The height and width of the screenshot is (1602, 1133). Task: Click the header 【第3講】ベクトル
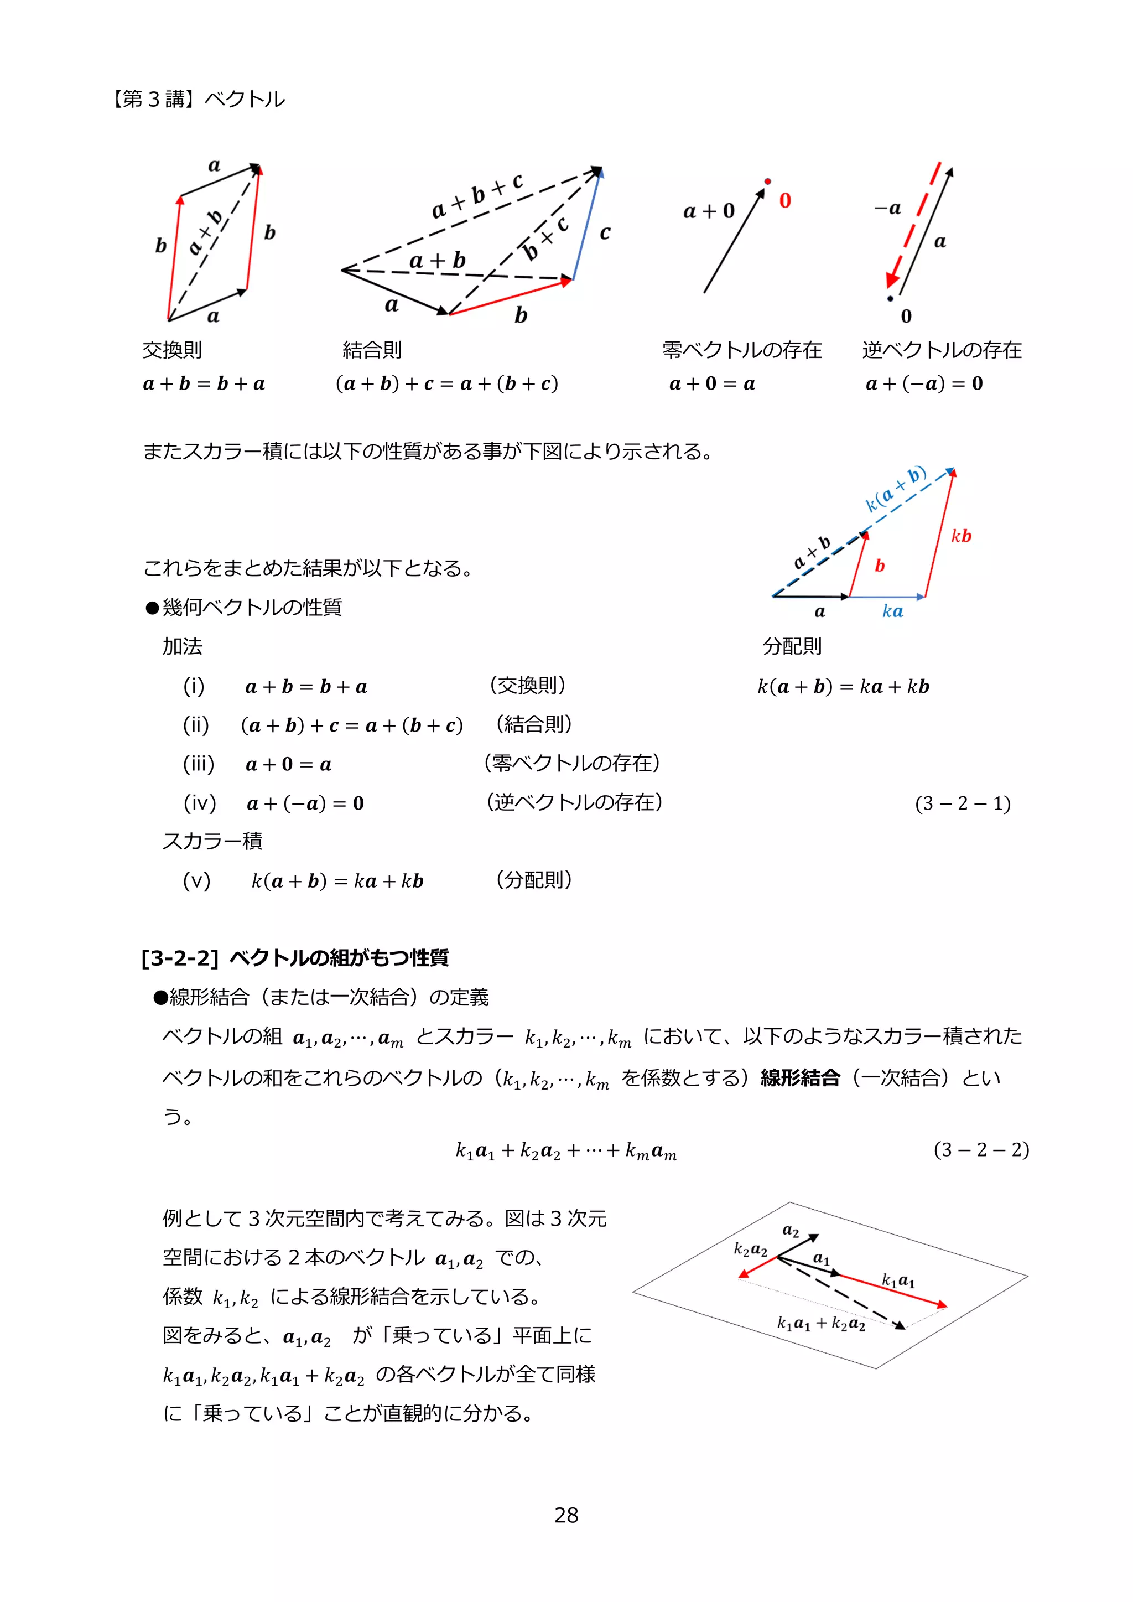point(197,99)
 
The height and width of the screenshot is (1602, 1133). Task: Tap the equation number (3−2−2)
point(981,1149)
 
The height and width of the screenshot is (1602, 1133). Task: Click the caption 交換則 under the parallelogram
point(171,350)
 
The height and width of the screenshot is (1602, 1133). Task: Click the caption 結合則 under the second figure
point(372,350)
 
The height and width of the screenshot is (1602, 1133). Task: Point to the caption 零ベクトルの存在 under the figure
point(742,350)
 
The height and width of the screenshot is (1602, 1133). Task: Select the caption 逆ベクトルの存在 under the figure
point(942,350)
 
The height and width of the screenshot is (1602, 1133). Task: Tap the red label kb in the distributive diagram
point(961,536)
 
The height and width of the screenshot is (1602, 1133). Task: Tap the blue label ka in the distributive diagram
point(892,611)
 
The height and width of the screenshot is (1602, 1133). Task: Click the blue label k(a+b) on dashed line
point(895,489)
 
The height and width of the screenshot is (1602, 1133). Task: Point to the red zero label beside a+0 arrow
point(785,201)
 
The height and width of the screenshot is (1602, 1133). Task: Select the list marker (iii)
point(198,764)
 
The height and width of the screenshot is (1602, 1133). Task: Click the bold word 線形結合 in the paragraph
point(799,1078)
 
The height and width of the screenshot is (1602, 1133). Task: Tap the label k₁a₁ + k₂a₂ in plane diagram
point(821,1324)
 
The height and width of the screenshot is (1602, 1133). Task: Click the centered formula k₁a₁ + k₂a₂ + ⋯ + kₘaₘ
point(566,1150)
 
